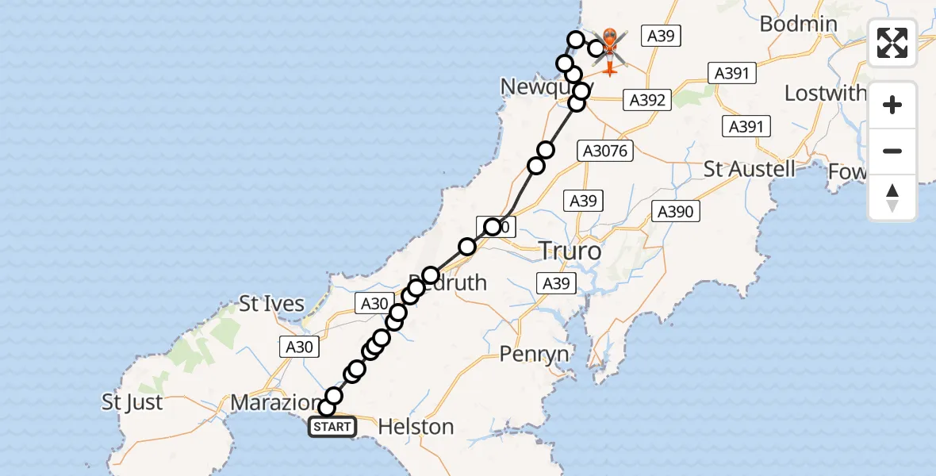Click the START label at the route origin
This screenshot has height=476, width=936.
pyautogui.click(x=332, y=427)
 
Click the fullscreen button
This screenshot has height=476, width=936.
pyautogui.click(x=892, y=43)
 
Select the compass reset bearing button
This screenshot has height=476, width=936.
pyautogui.click(x=892, y=198)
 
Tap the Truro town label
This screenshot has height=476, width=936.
pyautogui.click(x=570, y=251)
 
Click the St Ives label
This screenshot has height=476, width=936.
pyautogui.click(x=272, y=304)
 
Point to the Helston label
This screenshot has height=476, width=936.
pyautogui.click(x=416, y=427)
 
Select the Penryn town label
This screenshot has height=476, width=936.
pyautogui.click(x=535, y=353)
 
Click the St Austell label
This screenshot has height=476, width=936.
pyautogui.click(x=750, y=169)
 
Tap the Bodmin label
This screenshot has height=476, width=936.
pyautogui.click(x=798, y=24)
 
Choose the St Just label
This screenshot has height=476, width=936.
pyautogui.click(x=132, y=402)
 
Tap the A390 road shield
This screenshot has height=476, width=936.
pyautogui.click(x=676, y=211)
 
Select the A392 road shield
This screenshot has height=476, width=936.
pyautogui.click(x=647, y=100)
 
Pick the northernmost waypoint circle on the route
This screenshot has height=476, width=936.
pyautogui.click(x=575, y=39)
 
